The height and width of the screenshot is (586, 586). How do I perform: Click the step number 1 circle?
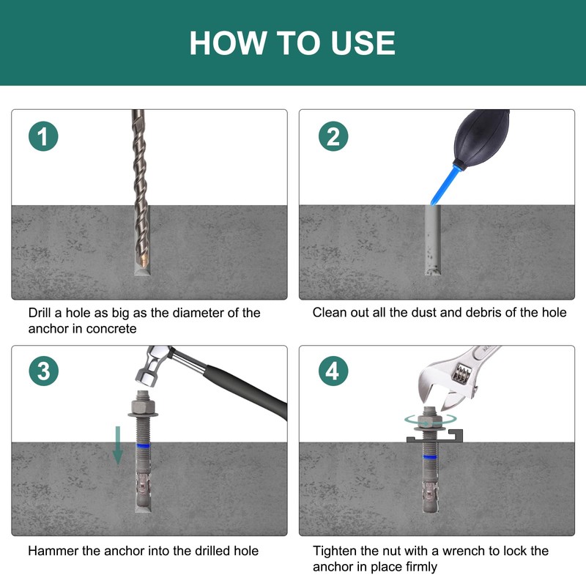[43, 136]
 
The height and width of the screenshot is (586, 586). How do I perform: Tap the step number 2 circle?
[333, 136]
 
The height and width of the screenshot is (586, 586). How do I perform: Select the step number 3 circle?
[44, 371]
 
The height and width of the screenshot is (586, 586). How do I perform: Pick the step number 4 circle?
[333, 371]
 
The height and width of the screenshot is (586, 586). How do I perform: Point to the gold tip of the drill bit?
[144, 258]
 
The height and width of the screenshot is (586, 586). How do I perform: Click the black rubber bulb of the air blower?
[481, 138]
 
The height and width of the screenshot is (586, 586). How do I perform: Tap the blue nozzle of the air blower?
[444, 186]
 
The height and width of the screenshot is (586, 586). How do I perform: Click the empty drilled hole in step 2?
[432, 240]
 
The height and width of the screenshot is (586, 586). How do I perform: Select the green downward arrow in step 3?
[118, 445]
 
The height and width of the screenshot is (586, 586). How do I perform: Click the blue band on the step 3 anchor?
[144, 445]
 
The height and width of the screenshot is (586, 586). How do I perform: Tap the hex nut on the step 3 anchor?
[143, 406]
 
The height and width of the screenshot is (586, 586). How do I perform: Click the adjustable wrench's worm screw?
[461, 373]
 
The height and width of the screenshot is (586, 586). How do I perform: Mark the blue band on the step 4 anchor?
[430, 457]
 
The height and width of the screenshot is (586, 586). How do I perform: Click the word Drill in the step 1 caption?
[40, 313]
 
